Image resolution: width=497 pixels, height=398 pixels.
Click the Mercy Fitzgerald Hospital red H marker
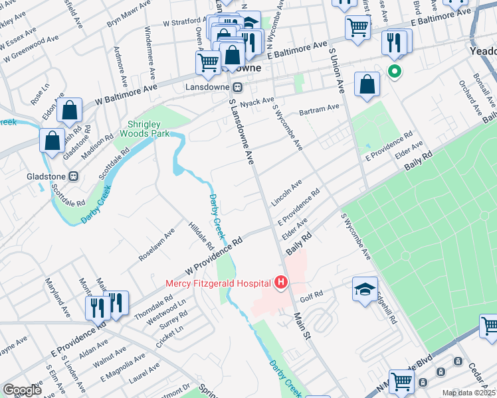[x=280, y=283]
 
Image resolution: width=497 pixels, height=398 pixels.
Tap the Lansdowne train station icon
[x=237, y=87]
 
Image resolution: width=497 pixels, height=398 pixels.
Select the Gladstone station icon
[x=74, y=176]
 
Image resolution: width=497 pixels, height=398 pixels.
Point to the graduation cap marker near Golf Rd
[x=363, y=289]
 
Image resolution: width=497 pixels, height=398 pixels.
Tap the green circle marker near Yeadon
[x=395, y=72]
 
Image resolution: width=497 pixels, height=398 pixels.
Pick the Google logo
[x=22, y=390]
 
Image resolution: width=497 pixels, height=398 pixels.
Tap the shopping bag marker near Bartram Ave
[x=367, y=84]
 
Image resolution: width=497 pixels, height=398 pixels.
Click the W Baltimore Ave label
[x=126, y=94]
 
